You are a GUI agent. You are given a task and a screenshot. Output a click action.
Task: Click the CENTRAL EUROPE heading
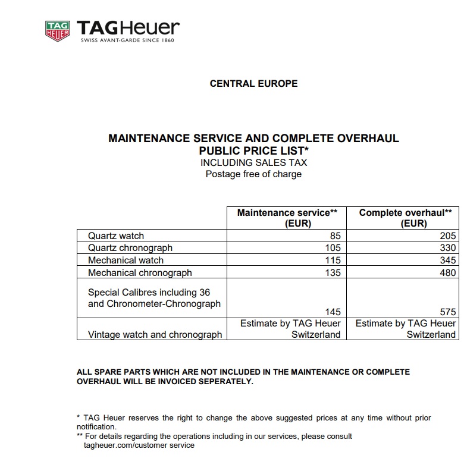click(253, 84)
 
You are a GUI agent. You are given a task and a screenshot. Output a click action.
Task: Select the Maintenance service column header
click(287, 218)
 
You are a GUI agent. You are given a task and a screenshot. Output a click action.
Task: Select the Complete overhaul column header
click(405, 218)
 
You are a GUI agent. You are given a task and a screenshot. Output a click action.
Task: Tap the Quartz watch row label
click(116, 236)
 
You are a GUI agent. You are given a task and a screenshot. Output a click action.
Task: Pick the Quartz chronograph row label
click(130, 248)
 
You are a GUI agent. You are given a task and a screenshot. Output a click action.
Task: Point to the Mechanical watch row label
click(126, 260)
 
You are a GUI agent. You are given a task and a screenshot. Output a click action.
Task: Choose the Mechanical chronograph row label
click(140, 273)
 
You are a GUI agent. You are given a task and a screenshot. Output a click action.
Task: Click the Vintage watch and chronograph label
click(155, 334)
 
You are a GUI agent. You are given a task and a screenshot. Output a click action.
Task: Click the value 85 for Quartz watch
click(335, 236)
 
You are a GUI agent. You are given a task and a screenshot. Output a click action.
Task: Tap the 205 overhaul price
click(449, 236)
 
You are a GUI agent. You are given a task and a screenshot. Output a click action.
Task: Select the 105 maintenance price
click(333, 248)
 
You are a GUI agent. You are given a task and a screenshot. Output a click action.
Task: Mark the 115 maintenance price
click(333, 260)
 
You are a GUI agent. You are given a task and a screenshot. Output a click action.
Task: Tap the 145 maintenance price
click(333, 312)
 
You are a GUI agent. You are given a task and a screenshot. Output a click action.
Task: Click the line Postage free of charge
click(253, 174)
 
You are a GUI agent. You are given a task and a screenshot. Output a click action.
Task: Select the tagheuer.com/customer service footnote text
click(139, 445)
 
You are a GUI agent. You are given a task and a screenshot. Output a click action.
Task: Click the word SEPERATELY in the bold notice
click(223, 382)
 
